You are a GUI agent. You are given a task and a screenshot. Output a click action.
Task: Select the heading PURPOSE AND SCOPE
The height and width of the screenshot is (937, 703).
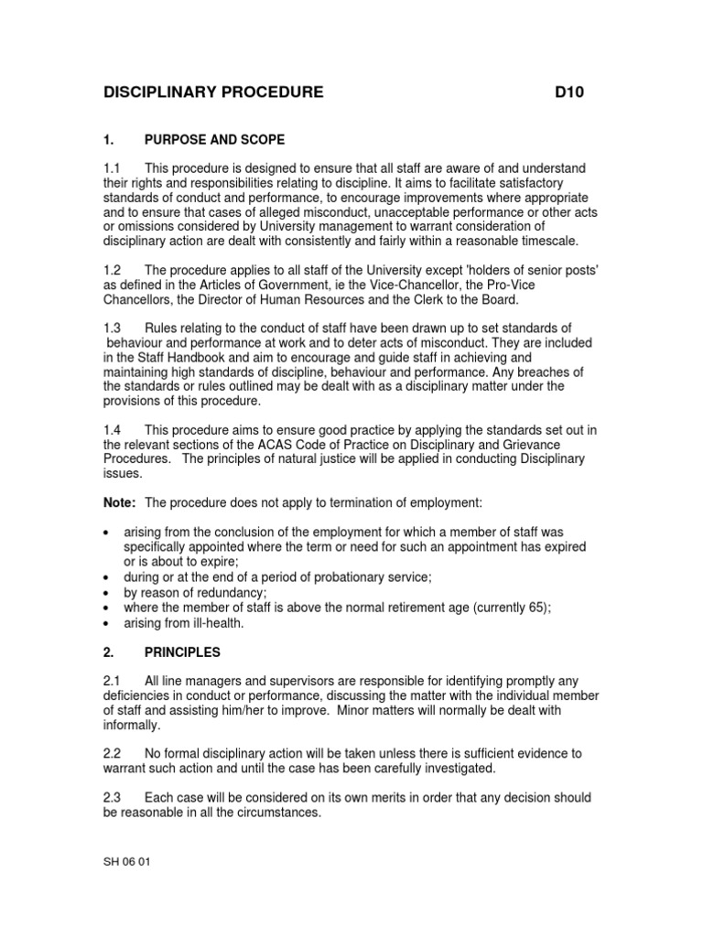coord(214,140)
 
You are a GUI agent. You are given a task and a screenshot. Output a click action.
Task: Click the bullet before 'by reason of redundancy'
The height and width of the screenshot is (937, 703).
coord(109,593)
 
